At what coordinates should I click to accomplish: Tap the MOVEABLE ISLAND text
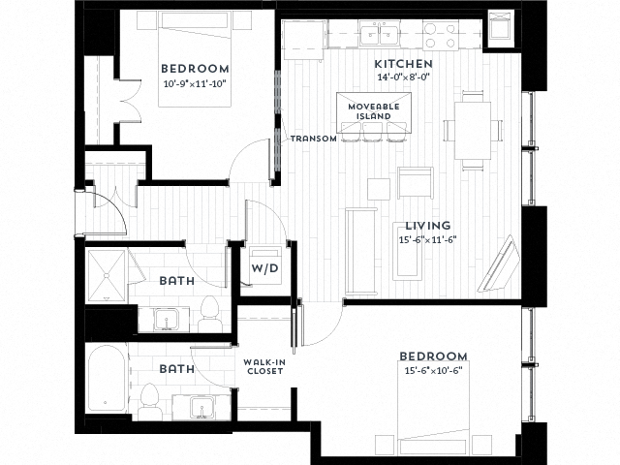click(x=373, y=110)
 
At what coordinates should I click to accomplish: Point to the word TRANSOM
click(x=314, y=139)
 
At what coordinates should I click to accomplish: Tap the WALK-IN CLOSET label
click(x=263, y=369)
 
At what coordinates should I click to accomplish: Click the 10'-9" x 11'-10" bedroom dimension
click(x=195, y=84)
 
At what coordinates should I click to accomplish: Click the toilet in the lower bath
click(x=150, y=396)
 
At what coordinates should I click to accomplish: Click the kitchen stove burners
click(x=441, y=37)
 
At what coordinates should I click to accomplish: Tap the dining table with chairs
click(x=474, y=129)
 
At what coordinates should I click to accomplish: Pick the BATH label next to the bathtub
click(x=177, y=369)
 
